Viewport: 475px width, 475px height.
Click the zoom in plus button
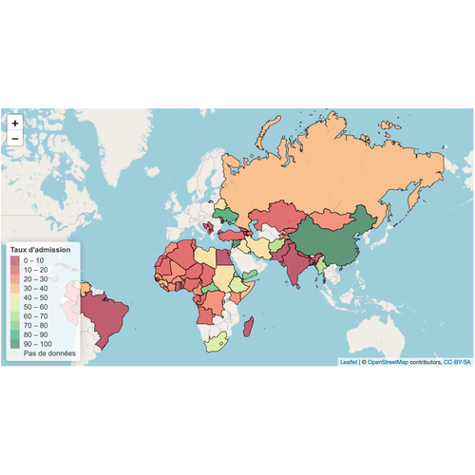pos(14,123)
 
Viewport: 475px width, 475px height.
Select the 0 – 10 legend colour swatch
pos(15,259)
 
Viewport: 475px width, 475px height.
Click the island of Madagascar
pos(250,327)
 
